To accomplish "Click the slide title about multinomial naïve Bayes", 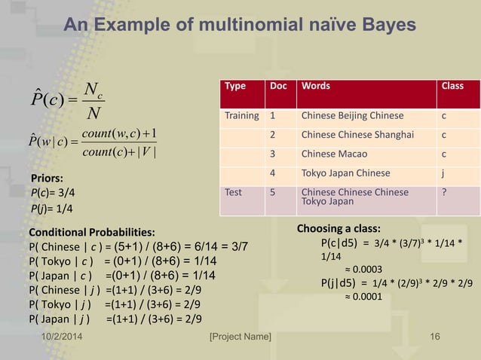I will [x=240, y=26].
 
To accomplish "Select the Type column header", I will [x=235, y=86].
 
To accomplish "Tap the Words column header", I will [x=317, y=86].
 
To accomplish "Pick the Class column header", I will [x=452, y=86].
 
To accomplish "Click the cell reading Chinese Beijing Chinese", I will [x=352, y=117].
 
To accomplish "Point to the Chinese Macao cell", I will [x=332, y=154].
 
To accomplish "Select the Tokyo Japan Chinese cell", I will [x=346, y=173].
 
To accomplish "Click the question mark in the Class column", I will [x=445, y=192].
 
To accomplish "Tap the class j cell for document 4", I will [x=444, y=173].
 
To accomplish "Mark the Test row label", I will [x=232, y=192].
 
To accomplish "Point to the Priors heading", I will [x=47, y=178].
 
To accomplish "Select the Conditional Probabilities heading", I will [x=92, y=231].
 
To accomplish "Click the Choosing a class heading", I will [x=339, y=227].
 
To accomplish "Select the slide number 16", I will [x=434, y=334].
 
